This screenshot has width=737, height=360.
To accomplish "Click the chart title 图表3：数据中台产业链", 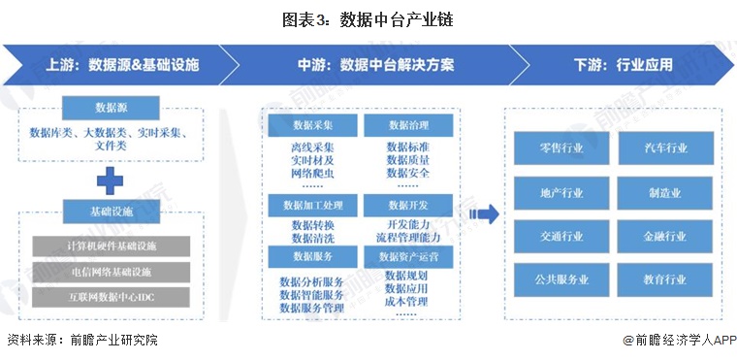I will (x=368, y=18).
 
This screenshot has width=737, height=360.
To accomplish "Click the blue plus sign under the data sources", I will (x=111, y=179).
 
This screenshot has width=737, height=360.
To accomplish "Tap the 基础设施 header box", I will (x=112, y=211).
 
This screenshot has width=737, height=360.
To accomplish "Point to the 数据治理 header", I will (x=407, y=126).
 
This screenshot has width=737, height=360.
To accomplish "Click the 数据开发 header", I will (x=407, y=206).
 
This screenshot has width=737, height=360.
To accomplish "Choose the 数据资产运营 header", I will (x=407, y=257).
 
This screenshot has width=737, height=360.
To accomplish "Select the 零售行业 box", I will (x=561, y=147).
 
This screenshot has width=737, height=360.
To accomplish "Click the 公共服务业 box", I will (x=561, y=279).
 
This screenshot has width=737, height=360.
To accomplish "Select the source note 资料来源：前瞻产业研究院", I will (x=81, y=340).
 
